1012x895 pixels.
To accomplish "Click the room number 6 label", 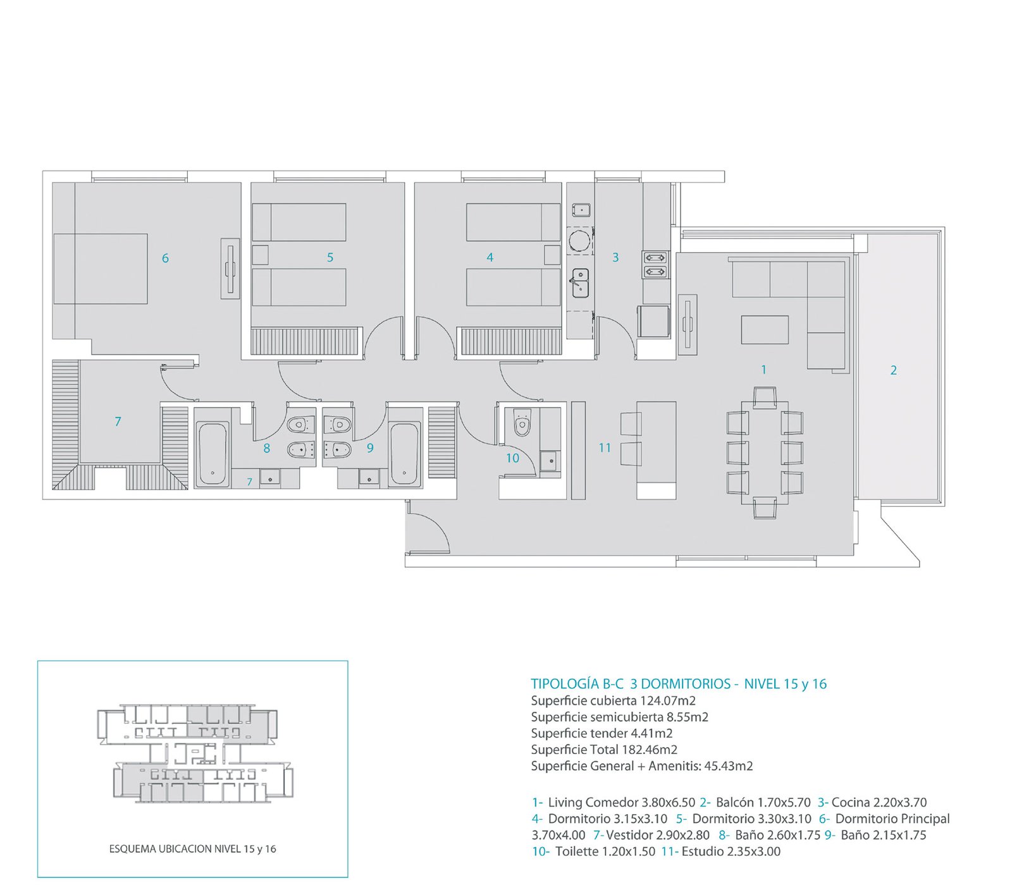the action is pyautogui.click(x=165, y=258).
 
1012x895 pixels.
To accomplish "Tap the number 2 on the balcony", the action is pyautogui.click(x=893, y=370).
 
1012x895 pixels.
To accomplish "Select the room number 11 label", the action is pyautogui.click(x=605, y=447).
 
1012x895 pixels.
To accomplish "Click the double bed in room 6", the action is pyautogui.click(x=101, y=269).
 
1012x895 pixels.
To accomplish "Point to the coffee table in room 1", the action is pyautogui.click(x=765, y=330).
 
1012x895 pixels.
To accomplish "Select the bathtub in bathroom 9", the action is pyautogui.click(x=404, y=454).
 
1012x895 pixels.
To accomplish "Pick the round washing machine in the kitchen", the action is pyautogui.click(x=579, y=241).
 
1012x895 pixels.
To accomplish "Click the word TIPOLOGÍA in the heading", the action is pyautogui.click(x=565, y=684).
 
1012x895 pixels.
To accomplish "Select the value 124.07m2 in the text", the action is pyautogui.click(x=668, y=700).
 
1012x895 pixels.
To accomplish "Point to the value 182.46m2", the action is pyautogui.click(x=650, y=750).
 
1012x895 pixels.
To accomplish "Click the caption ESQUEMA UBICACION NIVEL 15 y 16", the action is pyautogui.click(x=192, y=849).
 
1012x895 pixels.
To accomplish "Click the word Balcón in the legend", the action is pyautogui.click(x=736, y=803).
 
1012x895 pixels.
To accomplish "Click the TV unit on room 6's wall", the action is pyautogui.click(x=230, y=269).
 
